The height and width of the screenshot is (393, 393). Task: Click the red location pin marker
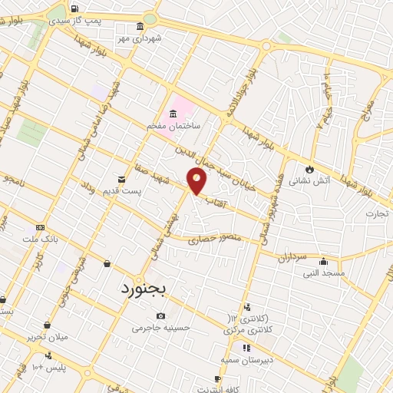click(x=197, y=181)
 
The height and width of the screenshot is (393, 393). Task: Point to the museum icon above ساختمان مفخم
click(x=173, y=113)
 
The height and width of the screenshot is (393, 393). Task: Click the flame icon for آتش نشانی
click(x=309, y=168)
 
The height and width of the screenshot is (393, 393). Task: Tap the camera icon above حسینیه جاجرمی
click(x=160, y=315)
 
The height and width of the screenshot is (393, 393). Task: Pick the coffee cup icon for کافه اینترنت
click(x=217, y=379)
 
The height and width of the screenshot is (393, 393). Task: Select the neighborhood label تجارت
click(x=378, y=213)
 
